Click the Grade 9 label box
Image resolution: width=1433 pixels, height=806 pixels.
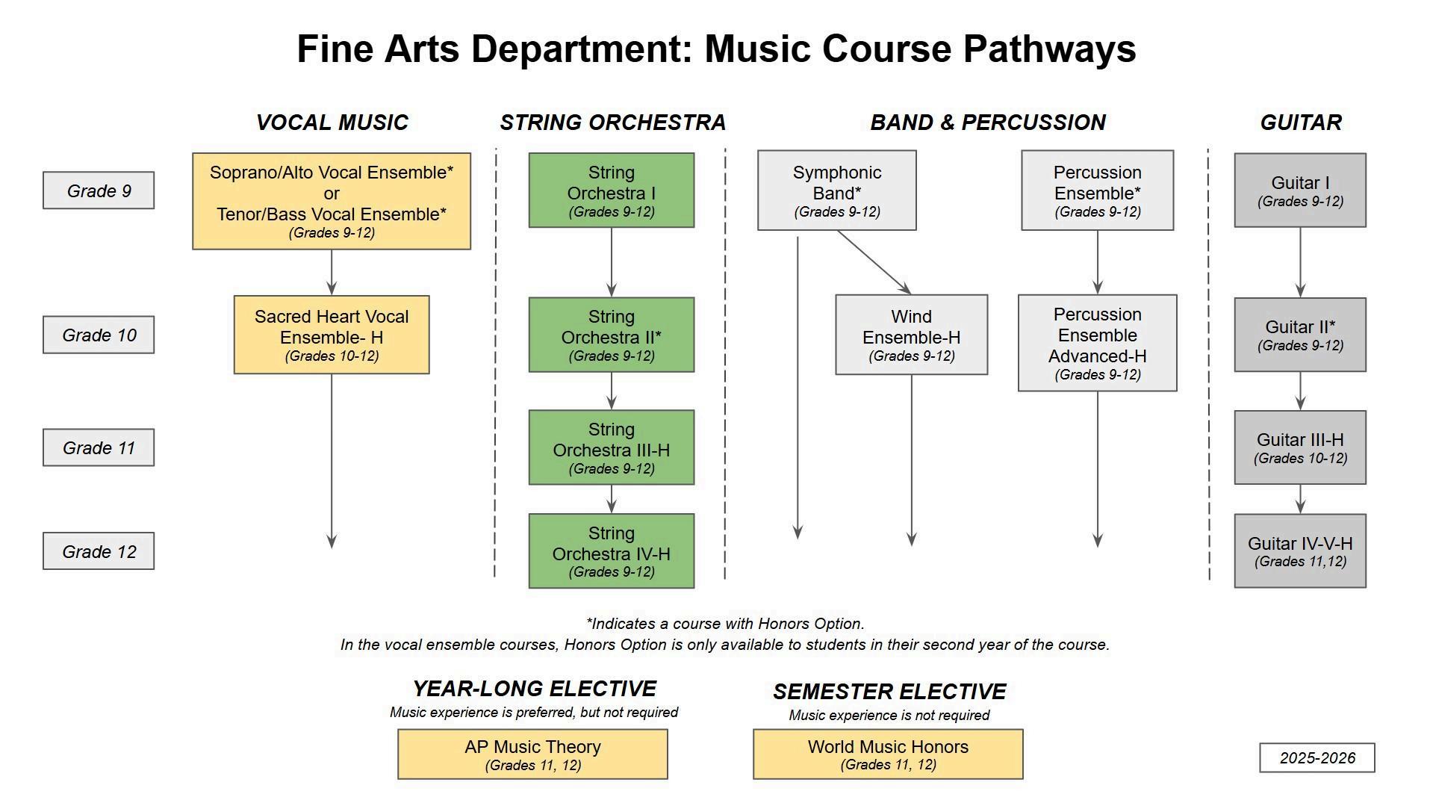pos(99,190)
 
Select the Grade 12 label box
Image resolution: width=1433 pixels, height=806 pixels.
pos(99,551)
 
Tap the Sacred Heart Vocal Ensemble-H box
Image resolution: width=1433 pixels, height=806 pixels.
pos(332,335)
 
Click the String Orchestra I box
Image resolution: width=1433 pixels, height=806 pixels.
pos(611,190)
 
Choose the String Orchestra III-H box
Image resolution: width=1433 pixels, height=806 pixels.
pos(611,447)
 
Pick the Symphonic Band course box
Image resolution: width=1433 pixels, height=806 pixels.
pos(836,190)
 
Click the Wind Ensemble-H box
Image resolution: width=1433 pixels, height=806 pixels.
pos(911,335)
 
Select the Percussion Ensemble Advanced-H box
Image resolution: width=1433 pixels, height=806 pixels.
pos(1097,343)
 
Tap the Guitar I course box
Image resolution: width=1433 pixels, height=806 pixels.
pos(1299,190)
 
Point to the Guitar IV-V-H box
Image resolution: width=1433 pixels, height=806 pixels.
pos(1299,551)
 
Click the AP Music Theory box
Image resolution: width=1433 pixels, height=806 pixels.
pos(532,754)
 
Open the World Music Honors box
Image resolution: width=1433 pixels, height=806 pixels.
pos(888,754)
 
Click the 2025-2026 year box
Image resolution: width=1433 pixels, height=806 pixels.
pos(1317,757)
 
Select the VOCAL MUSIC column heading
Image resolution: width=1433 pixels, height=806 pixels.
pos(332,123)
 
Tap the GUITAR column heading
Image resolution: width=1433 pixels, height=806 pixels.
pos(1300,123)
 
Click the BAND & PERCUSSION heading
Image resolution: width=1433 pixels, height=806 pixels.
pos(987,123)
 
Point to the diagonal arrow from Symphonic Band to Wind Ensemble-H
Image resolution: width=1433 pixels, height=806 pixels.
pos(874,261)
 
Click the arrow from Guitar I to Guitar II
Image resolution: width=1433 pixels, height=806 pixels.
pos(1300,261)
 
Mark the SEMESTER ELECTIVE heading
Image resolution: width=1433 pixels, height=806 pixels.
pos(889,692)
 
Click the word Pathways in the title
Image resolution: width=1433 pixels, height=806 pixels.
pos(1048,49)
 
